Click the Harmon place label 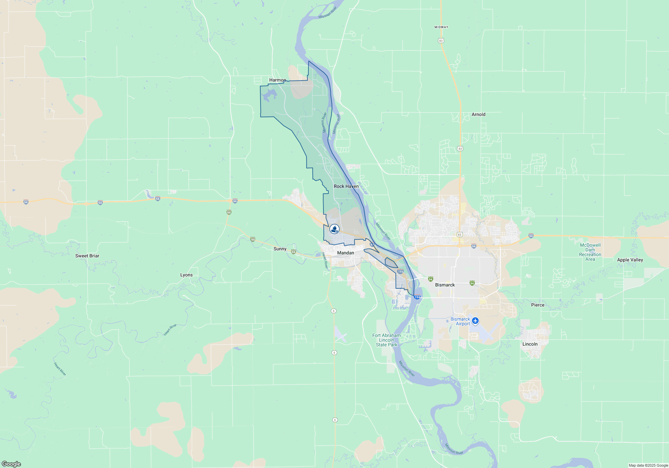click(x=277, y=80)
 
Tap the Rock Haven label click(x=346, y=186)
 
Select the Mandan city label click(x=346, y=253)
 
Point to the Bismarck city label click(x=445, y=285)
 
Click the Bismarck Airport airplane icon click(x=475, y=321)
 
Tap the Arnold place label click(x=478, y=114)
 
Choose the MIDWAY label click(x=441, y=27)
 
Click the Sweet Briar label click(x=87, y=256)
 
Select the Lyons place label click(x=186, y=275)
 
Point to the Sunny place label click(x=280, y=249)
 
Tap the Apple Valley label click(x=630, y=260)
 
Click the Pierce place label click(x=538, y=305)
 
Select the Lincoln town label click(x=530, y=344)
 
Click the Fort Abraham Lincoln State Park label click(x=386, y=340)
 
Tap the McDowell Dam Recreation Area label click(x=590, y=252)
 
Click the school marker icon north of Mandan click(x=334, y=229)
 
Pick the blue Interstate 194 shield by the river click(x=417, y=297)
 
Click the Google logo click(x=11, y=464)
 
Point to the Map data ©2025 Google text click(x=648, y=465)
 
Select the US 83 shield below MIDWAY click(x=441, y=40)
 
